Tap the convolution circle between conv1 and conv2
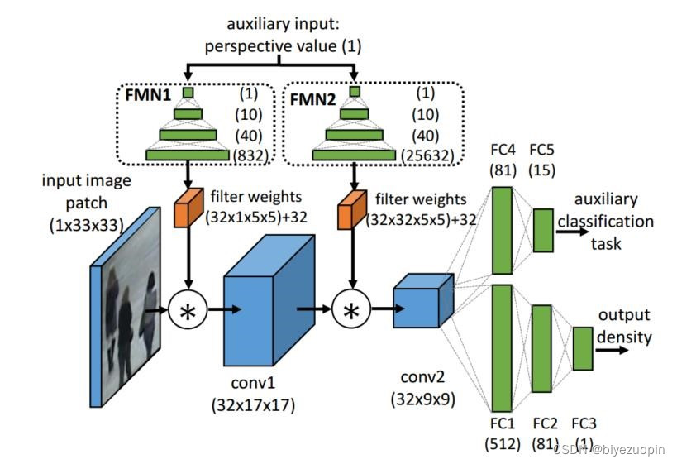[x=352, y=311]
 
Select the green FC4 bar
[x=503, y=229]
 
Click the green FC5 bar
[x=543, y=229]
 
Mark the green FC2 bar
[x=541, y=348]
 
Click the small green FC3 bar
[x=583, y=348]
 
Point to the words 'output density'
[x=624, y=327]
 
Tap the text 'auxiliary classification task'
[x=612, y=222]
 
